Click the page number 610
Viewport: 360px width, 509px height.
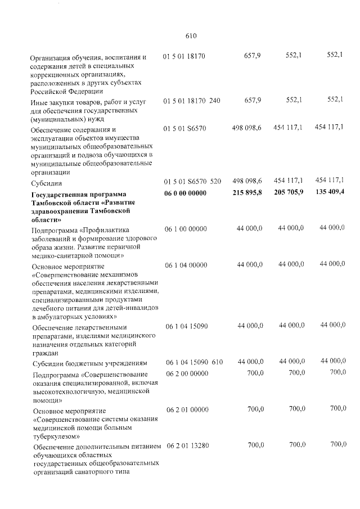(x=190, y=36)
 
